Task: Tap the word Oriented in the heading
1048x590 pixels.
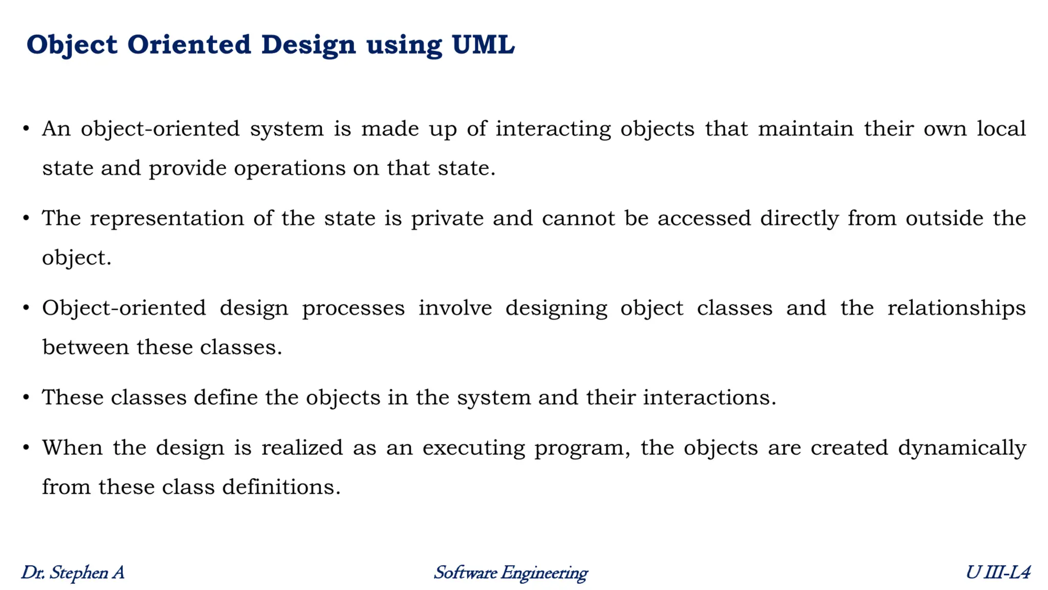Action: (x=189, y=45)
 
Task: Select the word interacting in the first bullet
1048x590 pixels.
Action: (x=553, y=129)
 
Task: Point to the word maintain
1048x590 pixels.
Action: (x=805, y=129)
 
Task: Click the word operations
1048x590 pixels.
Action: (x=290, y=168)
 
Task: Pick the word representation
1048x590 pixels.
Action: (x=167, y=219)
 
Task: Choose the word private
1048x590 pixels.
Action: (x=447, y=219)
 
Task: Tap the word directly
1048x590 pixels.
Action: (x=799, y=219)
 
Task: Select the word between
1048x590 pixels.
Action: (x=85, y=347)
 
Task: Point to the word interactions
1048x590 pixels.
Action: (x=709, y=397)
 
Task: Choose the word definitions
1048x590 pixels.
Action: (x=281, y=487)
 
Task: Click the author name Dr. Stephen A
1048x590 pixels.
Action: (x=73, y=573)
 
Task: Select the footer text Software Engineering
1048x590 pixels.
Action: (x=510, y=573)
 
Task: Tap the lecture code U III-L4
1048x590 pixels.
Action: (x=997, y=573)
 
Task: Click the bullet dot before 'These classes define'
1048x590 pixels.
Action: (x=26, y=397)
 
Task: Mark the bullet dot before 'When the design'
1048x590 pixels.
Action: (x=26, y=448)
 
